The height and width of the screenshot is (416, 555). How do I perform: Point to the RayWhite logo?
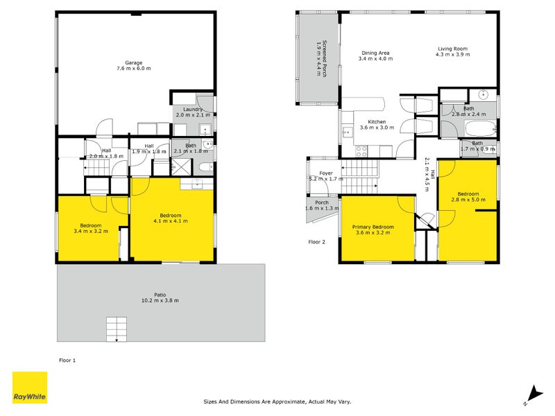point(30,388)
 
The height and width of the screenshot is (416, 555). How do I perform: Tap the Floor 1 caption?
point(67,360)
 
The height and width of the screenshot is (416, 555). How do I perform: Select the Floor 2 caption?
point(317,242)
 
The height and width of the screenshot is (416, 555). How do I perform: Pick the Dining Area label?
point(375,53)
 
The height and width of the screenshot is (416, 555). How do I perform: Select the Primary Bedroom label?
point(373,227)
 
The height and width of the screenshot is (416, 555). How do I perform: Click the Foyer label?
point(326,173)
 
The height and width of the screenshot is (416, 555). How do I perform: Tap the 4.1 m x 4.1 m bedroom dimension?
point(170,220)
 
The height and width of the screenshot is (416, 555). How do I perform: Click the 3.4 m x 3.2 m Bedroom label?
point(91,225)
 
